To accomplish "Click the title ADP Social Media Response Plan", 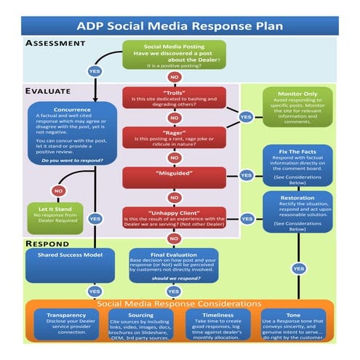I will (x=180, y=26).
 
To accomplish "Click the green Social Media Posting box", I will (x=174, y=55).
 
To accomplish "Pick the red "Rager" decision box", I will (x=174, y=136).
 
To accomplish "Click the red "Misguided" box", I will (x=174, y=175).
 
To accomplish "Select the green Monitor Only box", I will (x=296, y=106).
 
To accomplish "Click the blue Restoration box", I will (x=296, y=212).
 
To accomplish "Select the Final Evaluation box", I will (x=174, y=266).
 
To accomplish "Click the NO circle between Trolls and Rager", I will (x=174, y=117).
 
